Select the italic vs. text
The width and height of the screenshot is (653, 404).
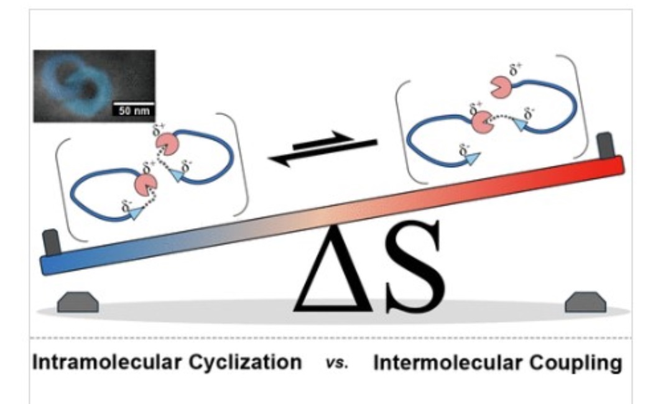[337, 363]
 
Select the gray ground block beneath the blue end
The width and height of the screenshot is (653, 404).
[78, 303]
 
